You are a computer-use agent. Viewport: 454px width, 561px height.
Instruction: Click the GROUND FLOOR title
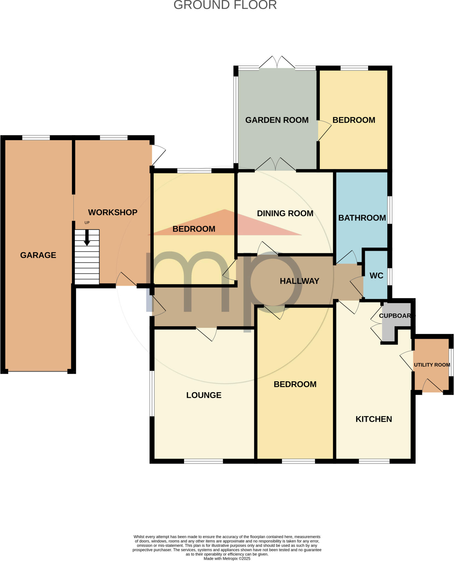click(225, 5)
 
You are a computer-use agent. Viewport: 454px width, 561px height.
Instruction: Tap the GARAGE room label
click(38, 255)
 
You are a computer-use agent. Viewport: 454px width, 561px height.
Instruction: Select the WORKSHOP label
click(112, 212)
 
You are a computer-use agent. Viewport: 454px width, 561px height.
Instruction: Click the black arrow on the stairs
click(87, 238)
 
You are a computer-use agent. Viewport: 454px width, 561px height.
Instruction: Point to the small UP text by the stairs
click(87, 223)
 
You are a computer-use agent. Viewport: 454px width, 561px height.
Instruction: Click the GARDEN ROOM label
click(277, 120)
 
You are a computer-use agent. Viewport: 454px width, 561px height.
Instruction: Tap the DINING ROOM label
click(285, 213)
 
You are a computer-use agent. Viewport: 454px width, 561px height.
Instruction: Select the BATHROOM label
click(362, 218)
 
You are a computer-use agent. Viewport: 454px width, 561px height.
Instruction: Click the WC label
click(376, 276)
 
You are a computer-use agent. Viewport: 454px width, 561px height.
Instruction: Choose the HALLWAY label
click(299, 281)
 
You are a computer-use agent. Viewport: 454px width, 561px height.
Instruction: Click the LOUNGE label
click(204, 395)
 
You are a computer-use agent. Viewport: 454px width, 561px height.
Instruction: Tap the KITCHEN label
click(374, 419)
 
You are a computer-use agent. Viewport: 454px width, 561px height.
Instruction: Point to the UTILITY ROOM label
click(432, 365)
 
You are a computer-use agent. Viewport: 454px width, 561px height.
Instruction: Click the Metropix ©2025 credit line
click(227, 559)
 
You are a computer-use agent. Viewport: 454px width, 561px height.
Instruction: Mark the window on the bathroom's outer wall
click(390, 210)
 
